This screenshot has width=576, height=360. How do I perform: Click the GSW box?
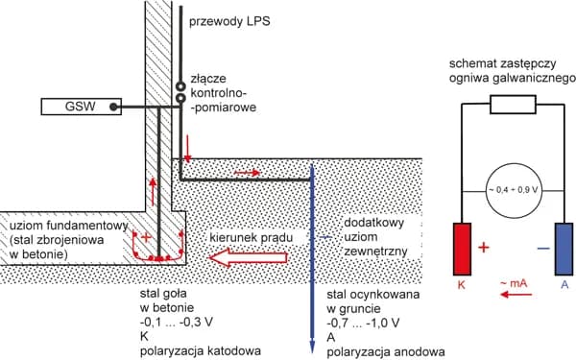coord(82,107)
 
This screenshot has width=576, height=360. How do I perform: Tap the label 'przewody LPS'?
coord(229,21)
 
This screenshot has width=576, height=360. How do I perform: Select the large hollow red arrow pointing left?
coord(249,257)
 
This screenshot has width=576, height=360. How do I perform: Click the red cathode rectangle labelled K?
coord(462,249)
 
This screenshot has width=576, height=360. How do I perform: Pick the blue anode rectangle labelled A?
coord(564,249)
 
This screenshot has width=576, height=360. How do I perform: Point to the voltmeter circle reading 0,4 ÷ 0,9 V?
coord(514,191)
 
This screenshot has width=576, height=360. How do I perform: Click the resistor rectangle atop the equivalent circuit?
coord(513,105)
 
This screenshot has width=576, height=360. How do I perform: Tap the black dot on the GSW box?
coord(114,107)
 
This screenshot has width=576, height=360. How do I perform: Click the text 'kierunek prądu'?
coord(252,238)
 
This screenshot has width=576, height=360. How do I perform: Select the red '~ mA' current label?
coord(514,283)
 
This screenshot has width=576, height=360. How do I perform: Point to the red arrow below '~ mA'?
coord(516,295)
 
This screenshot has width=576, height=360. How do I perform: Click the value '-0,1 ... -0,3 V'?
coord(177,322)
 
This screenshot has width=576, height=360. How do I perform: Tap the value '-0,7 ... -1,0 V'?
coord(363,323)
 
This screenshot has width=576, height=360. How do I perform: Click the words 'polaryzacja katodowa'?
coord(201,350)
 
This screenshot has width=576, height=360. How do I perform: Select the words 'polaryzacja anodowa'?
coord(386,351)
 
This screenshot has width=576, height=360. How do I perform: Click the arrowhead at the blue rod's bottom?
coord(312,347)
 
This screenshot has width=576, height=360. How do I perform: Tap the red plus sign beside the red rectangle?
coord(484,248)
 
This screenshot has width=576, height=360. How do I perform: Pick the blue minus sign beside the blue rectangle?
coord(543,249)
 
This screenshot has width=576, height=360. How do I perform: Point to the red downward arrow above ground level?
coord(188,149)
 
